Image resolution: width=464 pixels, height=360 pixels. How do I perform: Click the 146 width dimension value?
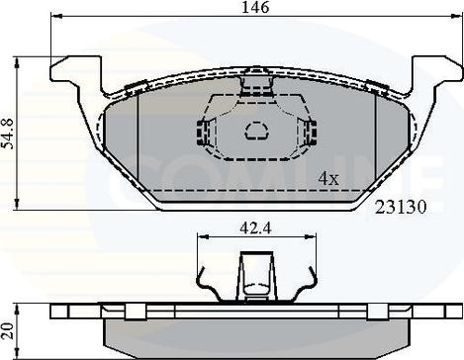(255, 7)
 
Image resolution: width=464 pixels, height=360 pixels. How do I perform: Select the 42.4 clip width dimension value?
(256, 227)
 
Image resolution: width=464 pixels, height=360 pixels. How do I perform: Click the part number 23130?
(401, 207)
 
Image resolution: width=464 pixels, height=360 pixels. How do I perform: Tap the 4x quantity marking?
(328, 179)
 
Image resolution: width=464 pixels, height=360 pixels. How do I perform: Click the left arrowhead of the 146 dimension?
(56, 15)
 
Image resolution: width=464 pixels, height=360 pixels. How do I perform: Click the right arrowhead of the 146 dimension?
(456, 15)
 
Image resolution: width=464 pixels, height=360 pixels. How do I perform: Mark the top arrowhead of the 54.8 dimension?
(17, 63)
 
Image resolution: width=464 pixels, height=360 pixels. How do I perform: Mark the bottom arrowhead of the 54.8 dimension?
(17, 204)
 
